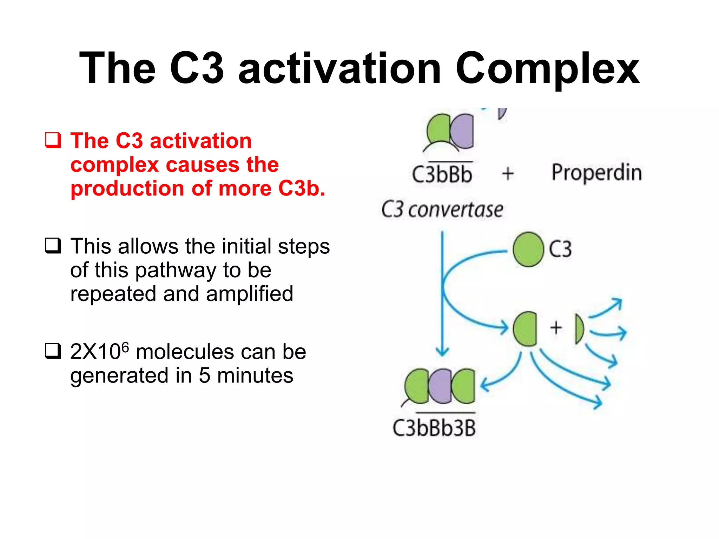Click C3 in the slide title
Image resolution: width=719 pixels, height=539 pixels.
[197, 68]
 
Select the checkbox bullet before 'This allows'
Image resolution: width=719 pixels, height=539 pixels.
[53, 246]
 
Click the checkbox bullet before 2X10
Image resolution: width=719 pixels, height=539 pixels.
[53, 351]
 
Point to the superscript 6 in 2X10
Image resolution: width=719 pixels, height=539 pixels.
[125, 347]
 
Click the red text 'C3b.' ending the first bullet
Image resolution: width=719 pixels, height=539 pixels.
[301, 188]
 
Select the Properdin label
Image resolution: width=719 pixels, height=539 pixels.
[596, 173]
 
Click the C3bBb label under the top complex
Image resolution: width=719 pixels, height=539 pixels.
[442, 174]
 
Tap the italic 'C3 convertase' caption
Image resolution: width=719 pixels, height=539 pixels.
[442, 210]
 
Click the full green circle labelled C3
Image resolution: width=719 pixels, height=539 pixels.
[528, 249]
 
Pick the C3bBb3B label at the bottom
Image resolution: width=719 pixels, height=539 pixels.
[434, 428]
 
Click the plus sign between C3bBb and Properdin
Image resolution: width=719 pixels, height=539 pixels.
[508, 174]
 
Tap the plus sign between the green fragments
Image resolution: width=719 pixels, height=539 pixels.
[556, 328]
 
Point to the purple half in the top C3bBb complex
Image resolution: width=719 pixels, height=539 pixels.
[463, 131]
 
